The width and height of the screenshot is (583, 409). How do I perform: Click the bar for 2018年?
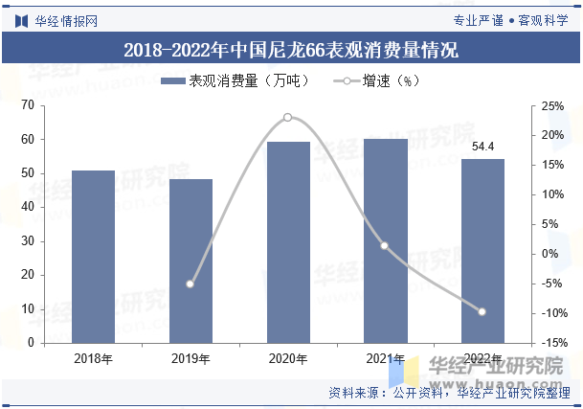(x=94, y=257)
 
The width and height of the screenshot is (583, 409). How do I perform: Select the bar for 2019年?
(x=191, y=261)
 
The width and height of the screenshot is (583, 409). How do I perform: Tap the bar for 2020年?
(x=288, y=242)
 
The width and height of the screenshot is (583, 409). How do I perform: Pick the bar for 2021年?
(x=386, y=240)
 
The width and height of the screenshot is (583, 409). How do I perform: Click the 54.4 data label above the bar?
(x=483, y=147)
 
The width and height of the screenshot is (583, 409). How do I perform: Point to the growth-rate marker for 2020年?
(x=287, y=118)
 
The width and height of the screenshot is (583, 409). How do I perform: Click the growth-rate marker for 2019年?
(x=190, y=284)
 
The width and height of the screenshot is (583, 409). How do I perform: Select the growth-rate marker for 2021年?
(x=385, y=245)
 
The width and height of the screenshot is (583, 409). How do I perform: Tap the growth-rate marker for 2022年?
(x=482, y=311)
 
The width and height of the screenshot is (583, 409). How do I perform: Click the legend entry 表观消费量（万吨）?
(x=235, y=81)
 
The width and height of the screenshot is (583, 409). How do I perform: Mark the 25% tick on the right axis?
(x=552, y=105)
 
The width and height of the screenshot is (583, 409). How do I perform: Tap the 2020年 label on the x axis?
(x=288, y=359)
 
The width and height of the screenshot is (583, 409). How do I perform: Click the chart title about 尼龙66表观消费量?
(x=291, y=49)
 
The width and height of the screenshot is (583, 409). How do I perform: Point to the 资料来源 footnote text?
(x=449, y=392)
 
